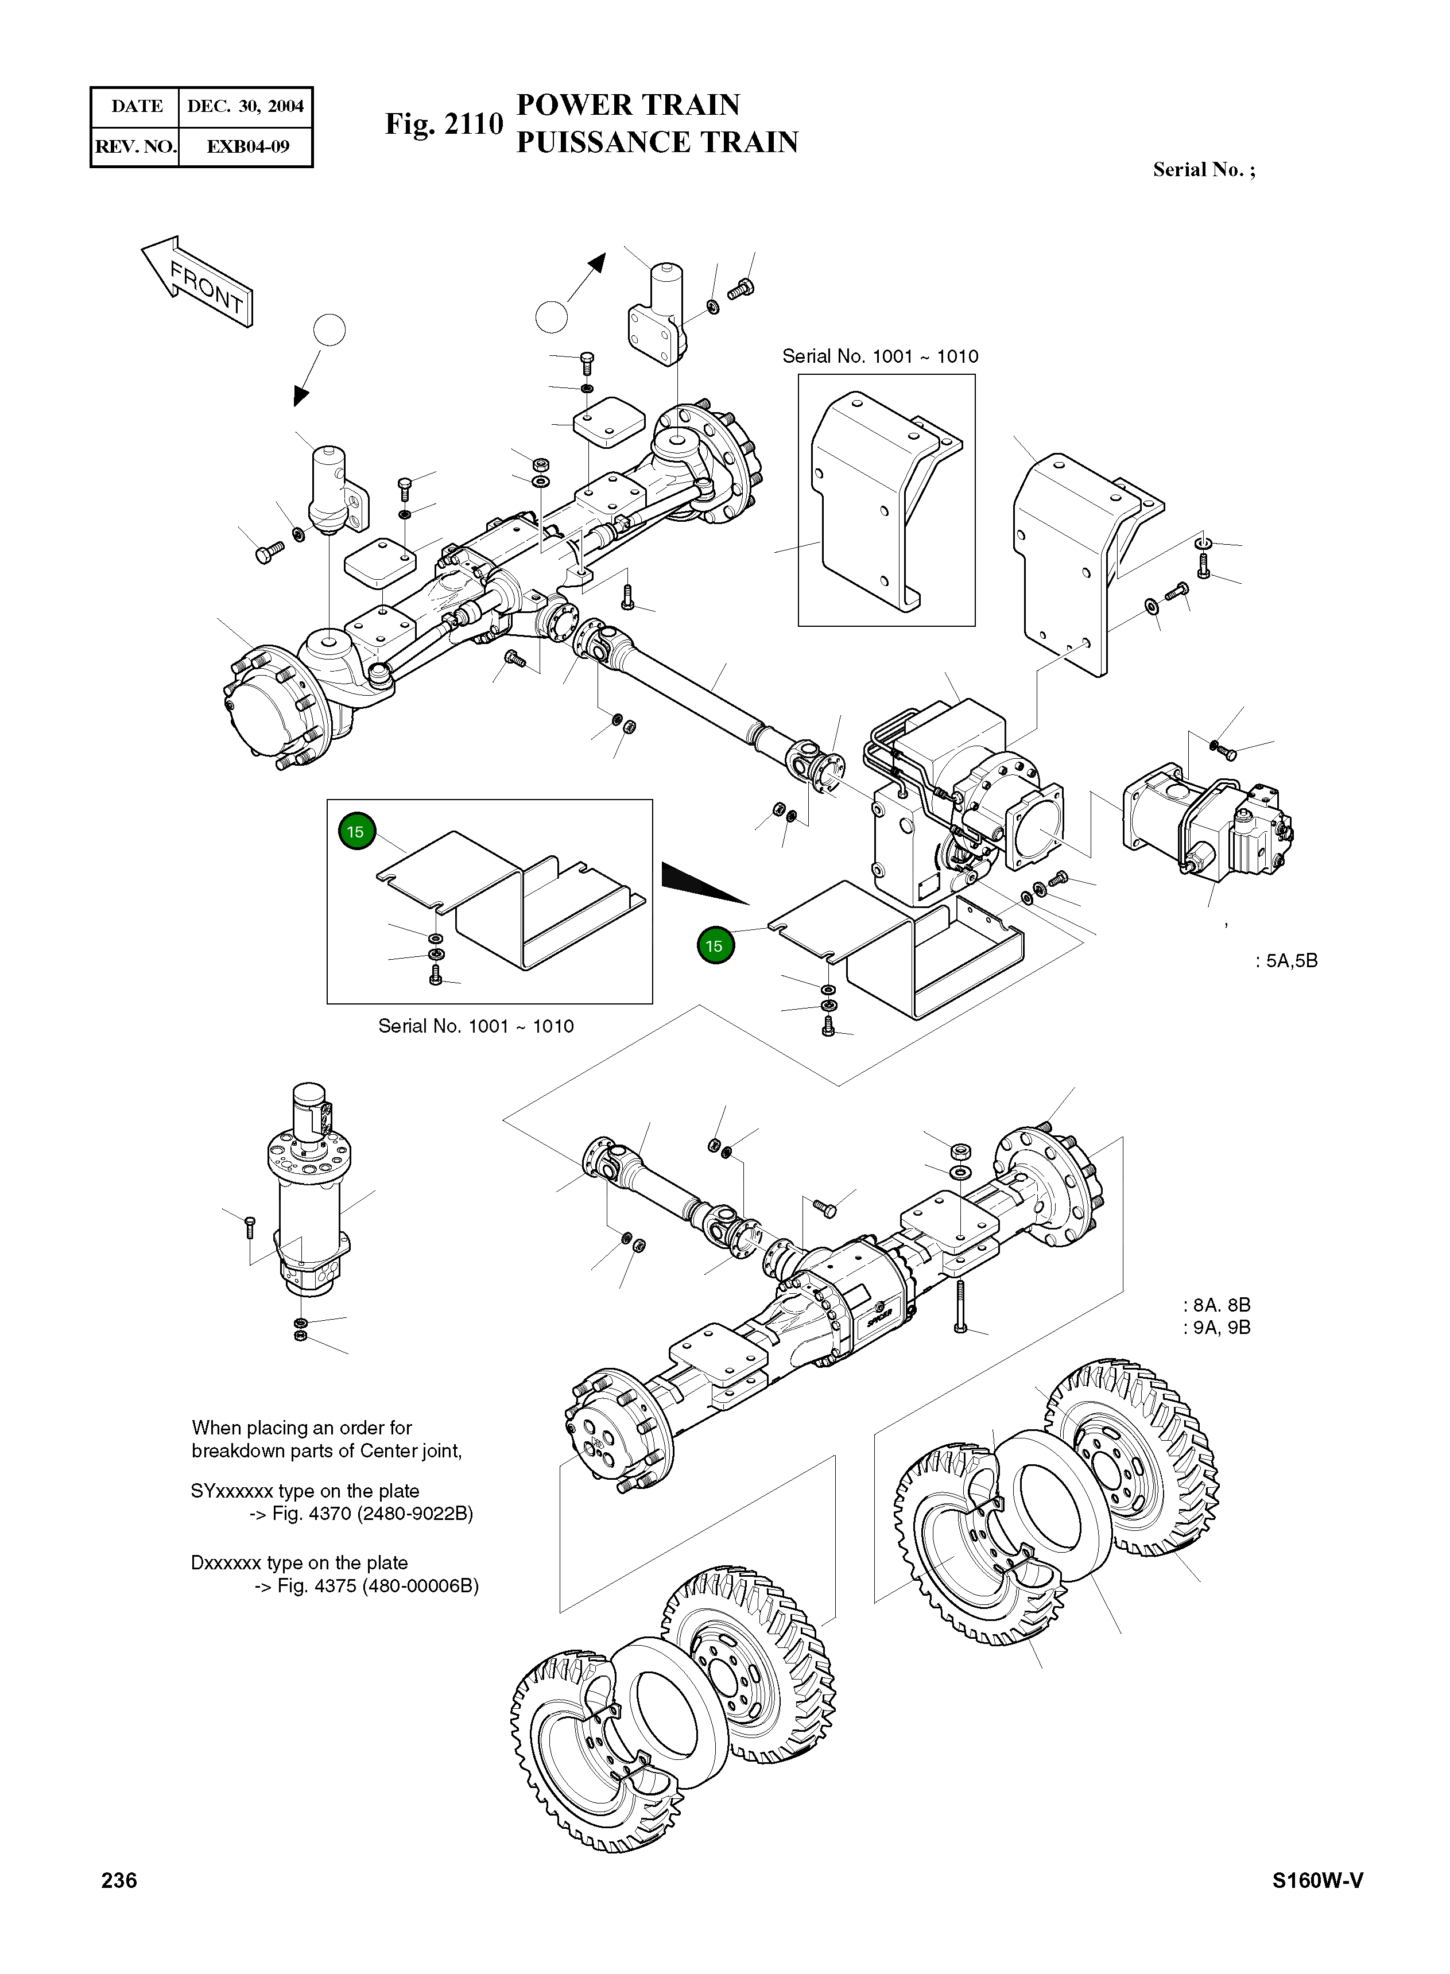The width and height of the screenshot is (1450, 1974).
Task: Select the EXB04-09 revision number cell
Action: pos(247,146)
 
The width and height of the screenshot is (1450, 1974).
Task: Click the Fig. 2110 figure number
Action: pos(443,125)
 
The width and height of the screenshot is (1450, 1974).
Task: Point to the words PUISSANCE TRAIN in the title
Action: pos(657,142)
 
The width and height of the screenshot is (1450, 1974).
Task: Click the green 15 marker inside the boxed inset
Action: pos(355,831)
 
